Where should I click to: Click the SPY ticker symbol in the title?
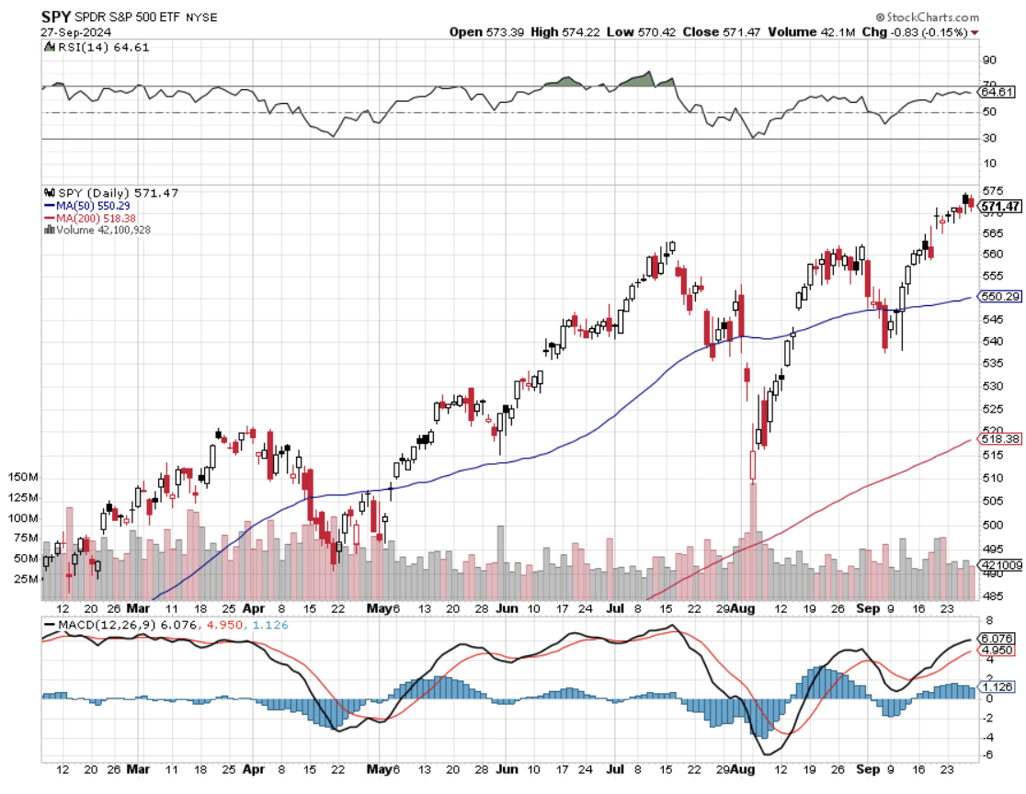pyautogui.click(x=58, y=17)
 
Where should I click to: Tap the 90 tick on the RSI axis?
pyautogui.click(x=989, y=60)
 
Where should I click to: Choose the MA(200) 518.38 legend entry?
pyautogui.click(x=93, y=218)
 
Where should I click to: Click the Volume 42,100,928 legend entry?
pyautogui.click(x=101, y=230)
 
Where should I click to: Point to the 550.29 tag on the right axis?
pyautogui.click(x=1000, y=297)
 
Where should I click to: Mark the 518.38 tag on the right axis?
pyautogui.click(x=1000, y=440)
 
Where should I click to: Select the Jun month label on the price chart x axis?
pyautogui.click(x=507, y=608)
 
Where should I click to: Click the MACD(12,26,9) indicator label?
pyautogui.click(x=93, y=625)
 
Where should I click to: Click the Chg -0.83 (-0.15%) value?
pyautogui.click(x=926, y=32)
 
